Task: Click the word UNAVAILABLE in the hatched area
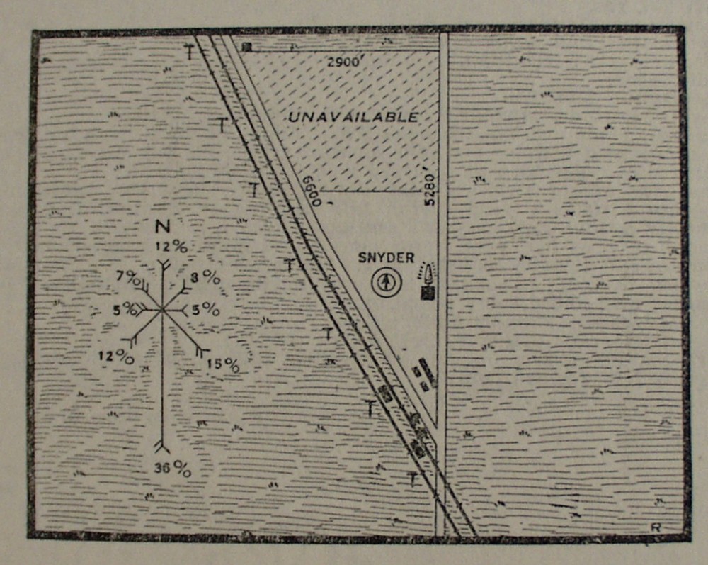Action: click(353, 117)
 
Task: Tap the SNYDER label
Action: click(386, 258)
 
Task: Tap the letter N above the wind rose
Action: click(162, 228)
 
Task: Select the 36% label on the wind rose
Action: click(173, 469)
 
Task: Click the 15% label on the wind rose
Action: click(223, 365)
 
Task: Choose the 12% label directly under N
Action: click(172, 247)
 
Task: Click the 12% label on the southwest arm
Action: click(117, 357)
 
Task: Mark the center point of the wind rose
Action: click(162, 309)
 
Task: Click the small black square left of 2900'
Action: click(246, 47)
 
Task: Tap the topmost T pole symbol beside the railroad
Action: click(189, 51)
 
